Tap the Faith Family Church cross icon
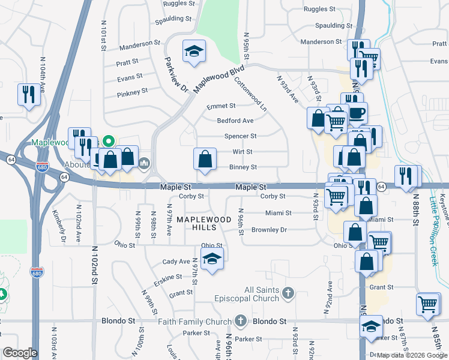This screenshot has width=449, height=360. tap(241, 320)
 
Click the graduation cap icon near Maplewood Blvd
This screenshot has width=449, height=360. tap(194, 51)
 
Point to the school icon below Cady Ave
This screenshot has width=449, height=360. tap(211, 259)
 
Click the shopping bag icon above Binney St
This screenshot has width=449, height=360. tap(205, 159)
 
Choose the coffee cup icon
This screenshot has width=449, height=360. tap(357, 112)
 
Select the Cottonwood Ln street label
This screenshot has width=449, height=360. tap(250, 94)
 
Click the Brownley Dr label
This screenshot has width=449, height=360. tap(270, 230)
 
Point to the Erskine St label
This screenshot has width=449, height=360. tap(167, 277)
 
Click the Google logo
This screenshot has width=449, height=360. tap(19, 353)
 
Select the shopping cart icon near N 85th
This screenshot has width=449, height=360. tap(428, 304)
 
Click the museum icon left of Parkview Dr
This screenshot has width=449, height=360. tap(145, 163)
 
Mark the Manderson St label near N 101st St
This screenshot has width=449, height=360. tap(140, 44)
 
